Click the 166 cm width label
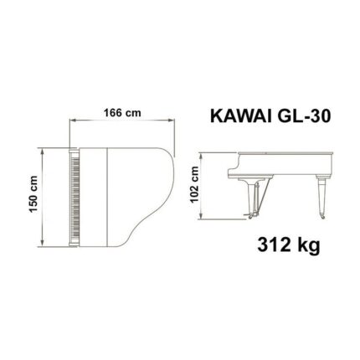[121, 114]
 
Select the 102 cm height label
[195, 183]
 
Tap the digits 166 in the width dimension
[115, 114]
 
